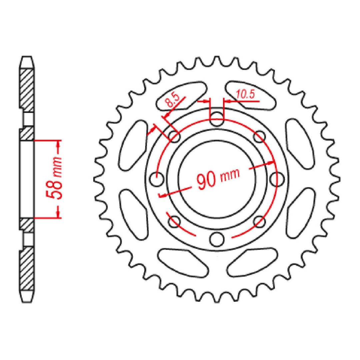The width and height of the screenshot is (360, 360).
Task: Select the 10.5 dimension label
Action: point(245,95)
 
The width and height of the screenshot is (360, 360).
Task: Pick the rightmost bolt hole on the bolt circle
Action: point(276,179)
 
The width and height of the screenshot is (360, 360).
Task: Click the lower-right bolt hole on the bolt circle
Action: point(259,221)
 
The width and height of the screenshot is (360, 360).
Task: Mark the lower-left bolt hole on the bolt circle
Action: point(174,221)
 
